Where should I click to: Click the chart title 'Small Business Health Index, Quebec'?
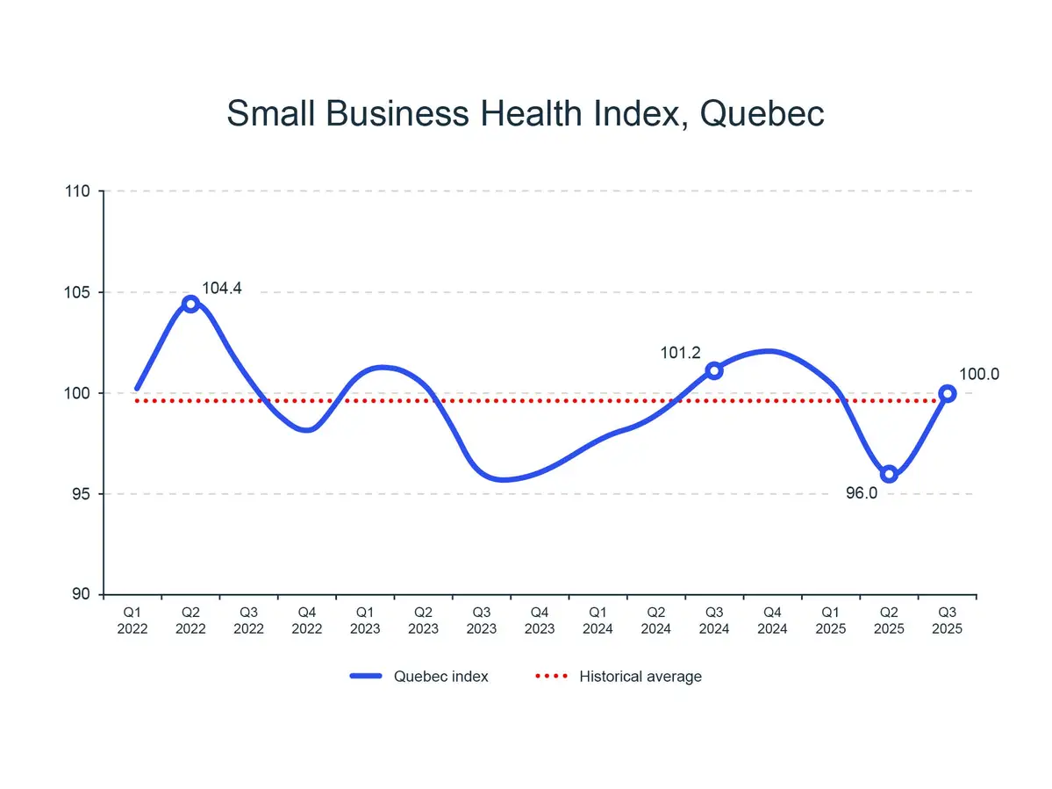coord(526,114)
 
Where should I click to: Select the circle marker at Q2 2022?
coord(190,304)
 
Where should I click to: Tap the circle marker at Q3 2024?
coord(714,370)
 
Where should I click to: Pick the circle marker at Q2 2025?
coord(889,474)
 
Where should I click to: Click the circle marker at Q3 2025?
coord(947,393)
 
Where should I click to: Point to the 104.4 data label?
coord(222,288)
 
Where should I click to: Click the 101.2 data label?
coord(680,353)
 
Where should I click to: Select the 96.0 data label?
coord(861,493)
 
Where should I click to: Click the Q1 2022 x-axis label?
coord(132,620)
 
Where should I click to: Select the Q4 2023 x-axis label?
coord(540,620)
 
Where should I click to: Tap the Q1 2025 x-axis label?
coord(830,620)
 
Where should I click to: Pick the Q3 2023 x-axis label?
coord(482,620)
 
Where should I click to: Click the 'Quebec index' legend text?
coord(441,676)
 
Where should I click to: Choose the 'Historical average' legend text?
coord(641,676)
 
